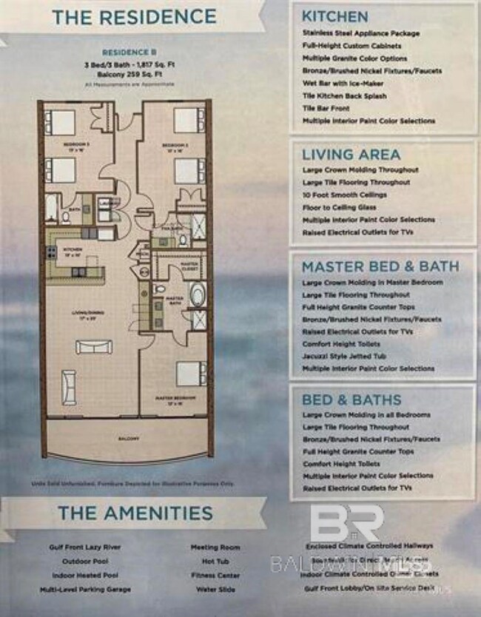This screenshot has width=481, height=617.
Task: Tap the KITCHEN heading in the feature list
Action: tap(334, 16)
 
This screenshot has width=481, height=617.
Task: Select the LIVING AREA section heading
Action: tap(351, 154)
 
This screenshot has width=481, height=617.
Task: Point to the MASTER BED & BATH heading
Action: tap(380, 266)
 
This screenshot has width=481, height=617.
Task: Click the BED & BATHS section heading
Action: tap(351, 399)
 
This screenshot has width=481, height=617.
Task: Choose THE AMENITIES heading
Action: tap(135, 513)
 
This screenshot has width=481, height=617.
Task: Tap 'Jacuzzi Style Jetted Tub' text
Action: tap(351, 357)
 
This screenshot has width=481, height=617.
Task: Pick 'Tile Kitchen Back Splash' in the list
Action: tap(344, 96)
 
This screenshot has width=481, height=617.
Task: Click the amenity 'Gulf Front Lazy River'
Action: tap(79, 547)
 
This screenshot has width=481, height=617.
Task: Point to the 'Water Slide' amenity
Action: tap(215, 590)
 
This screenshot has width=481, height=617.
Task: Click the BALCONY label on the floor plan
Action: tap(128, 438)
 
